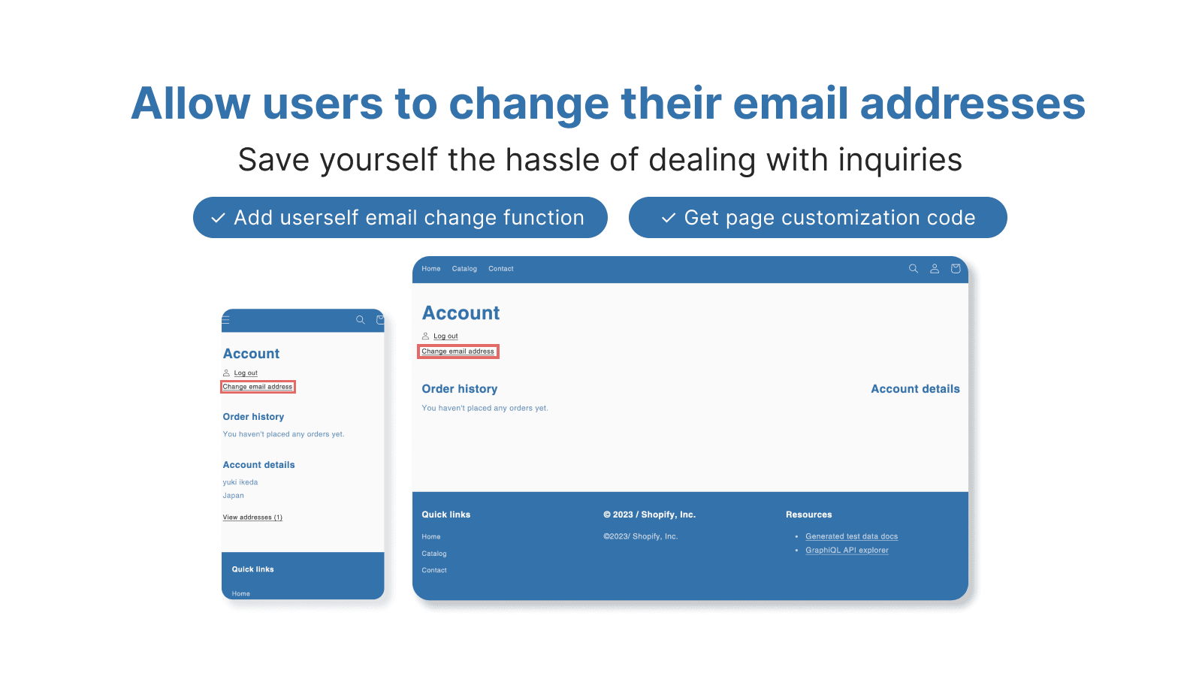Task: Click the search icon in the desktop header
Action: point(913,268)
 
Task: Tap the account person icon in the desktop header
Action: point(935,268)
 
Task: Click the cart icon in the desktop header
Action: point(955,268)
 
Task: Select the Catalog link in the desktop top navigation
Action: point(464,269)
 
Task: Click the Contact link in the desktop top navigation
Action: point(500,269)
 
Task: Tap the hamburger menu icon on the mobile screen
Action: point(226,320)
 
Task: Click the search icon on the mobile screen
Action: point(360,320)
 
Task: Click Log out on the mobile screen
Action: point(246,373)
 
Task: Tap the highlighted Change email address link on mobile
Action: point(258,387)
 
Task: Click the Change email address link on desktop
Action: point(458,352)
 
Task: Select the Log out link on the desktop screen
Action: point(445,336)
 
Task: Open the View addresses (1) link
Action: point(252,518)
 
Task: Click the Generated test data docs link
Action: point(852,536)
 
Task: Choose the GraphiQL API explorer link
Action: point(847,550)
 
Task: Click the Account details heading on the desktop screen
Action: point(915,389)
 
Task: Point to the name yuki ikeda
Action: point(240,482)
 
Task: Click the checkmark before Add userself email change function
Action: point(218,218)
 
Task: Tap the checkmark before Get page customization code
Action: point(668,218)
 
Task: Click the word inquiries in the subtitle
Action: point(900,161)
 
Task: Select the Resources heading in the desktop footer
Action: point(808,515)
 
